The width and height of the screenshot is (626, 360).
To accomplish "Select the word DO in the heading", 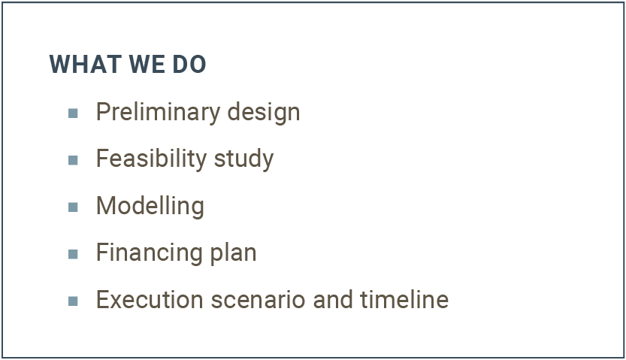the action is pyautogui.click(x=189, y=64).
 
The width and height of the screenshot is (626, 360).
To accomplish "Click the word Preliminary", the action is pyautogui.click(x=158, y=113).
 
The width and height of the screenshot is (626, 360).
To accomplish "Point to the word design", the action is pyautogui.click(x=264, y=113).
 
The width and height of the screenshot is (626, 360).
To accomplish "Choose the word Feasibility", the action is pyautogui.click(x=151, y=159).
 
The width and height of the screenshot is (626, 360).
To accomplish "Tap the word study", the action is pyautogui.click(x=244, y=159).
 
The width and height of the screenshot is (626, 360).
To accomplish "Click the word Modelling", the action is pyautogui.click(x=150, y=207).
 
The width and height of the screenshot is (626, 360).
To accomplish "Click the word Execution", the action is pyautogui.click(x=150, y=300).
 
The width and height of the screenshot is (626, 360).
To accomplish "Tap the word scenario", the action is pyautogui.click(x=258, y=300).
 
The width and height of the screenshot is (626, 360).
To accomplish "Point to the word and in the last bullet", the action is pyautogui.click(x=333, y=300).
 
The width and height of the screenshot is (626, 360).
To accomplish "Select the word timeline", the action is pyautogui.click(x=404, y=300).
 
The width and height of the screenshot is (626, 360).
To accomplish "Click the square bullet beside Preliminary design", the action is pyautogui.click(x=73, y=113).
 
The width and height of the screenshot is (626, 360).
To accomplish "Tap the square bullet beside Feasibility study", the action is pyautogui.click(x=73, y=160).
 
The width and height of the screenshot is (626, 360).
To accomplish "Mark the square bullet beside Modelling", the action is pyautogui.click(x=73, y=207).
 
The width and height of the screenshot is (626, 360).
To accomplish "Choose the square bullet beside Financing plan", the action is pyautogui.click(x=73, y=254).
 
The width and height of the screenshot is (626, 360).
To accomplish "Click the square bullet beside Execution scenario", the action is pyautogui.click(x=73, y=301).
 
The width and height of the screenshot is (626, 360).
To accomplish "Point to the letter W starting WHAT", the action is pyautogui.click(x=59, y=64).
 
